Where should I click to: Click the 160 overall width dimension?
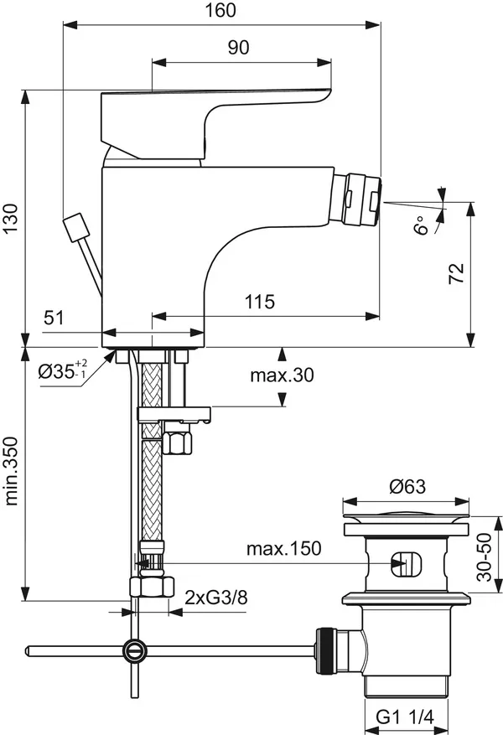pos(221,10)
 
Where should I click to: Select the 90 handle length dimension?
pos(238,48)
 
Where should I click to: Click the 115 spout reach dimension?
pos(260,302)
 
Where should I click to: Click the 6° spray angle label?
pos(424,224)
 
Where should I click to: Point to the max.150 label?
pos(283,549)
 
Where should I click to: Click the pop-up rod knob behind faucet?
pos(77,226)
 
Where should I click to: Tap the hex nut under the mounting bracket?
pos(177,439)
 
